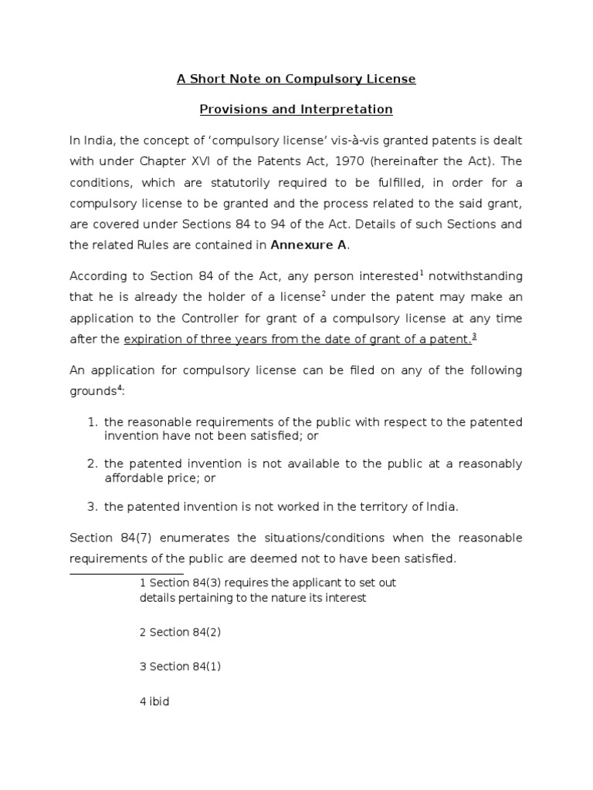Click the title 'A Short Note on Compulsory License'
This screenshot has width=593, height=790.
pyautogui.click(x=296, y=79)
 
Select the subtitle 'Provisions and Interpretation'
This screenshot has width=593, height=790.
pyautogui.click(x=296, y=109)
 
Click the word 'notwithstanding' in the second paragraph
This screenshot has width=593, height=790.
pyautogui.click(x=476, y=275)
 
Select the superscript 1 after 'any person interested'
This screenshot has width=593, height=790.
pyautogui.click(x=422, y=272)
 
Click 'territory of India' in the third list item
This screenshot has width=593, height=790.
pyautogui.click(x=410, y=506)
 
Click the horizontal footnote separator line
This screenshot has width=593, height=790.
pyautogui.click(x=127, y=574)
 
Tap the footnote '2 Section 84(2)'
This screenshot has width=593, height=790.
pyautogui.click(x=181, y=632)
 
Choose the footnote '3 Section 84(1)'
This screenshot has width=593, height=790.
pyautogui.click(x=181, y=667)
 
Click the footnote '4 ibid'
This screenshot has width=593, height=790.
pyautogui.click(x=154, y=702)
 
